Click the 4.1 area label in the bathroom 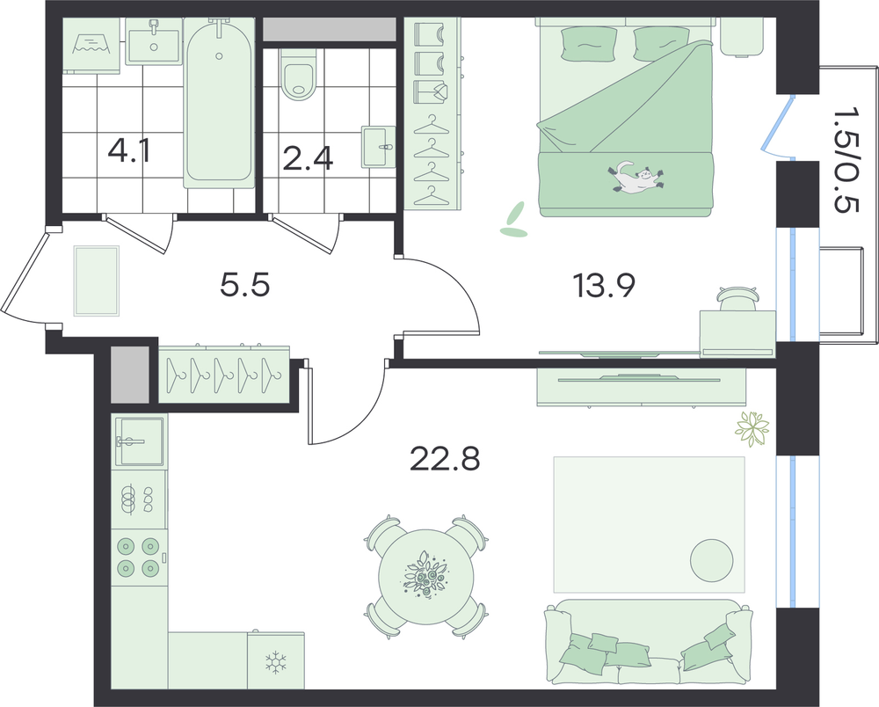[x=129, y=150]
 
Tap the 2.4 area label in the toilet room [x=308, y=158]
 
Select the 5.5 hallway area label [x=245, y=285]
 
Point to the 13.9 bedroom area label [x=603, y=286]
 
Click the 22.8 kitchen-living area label [x=445, y=459]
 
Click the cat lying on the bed [x=636, y=177]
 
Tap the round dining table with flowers [x=426, y=577]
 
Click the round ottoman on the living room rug [x=711, y=560]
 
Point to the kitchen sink [x=140, y=441]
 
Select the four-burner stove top [x=139, y=558]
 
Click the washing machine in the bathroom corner [x=91, y=45]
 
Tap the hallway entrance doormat [x=97, y=281]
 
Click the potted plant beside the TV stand [x=752, y=429]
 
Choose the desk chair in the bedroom [x=737, y=299]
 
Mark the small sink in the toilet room [x=379, y=146]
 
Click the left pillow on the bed [x=589, y=43]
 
